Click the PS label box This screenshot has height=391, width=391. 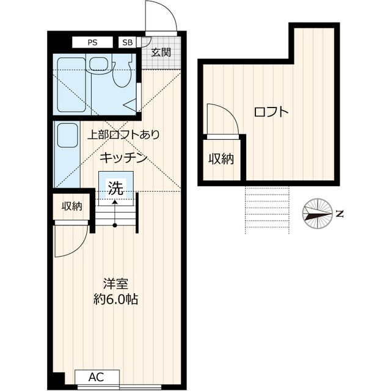coord(92,42)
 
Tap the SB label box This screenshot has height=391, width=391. coord(127,42)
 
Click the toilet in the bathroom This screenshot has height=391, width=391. coord(122,74)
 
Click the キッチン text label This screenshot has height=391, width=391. coord(125,158)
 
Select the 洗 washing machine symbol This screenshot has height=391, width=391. coord(115,189)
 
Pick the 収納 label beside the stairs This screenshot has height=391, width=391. coord(71,206)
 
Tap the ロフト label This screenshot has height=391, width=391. coord(271,112)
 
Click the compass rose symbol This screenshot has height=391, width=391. coord(318,214)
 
